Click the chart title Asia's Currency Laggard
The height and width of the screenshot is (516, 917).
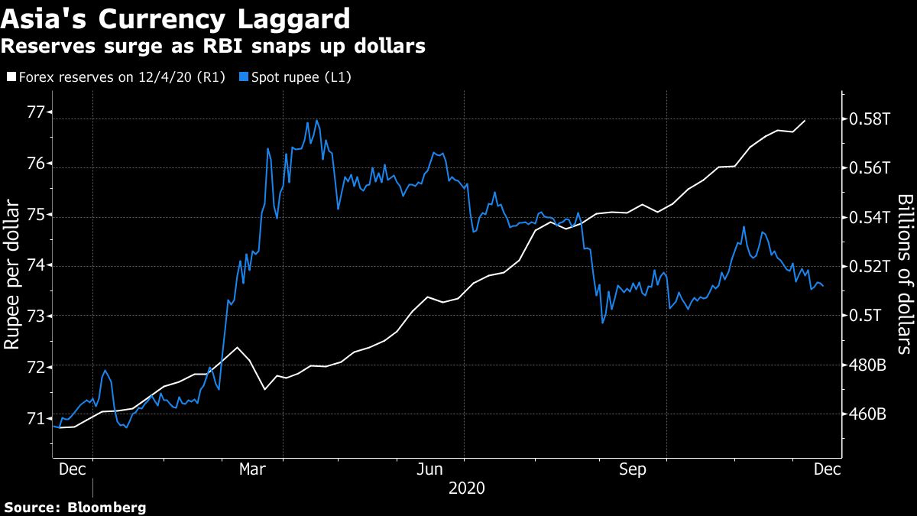176,18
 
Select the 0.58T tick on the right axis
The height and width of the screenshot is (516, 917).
868,119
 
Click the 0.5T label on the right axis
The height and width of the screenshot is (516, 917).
864,316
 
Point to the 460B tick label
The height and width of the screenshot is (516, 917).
867,414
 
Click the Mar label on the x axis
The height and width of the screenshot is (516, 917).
253,469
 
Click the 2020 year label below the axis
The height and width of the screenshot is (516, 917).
466,488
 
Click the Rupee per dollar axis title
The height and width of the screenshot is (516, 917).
13,274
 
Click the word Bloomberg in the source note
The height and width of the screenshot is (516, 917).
107,507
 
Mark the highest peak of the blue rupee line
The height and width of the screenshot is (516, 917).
316,120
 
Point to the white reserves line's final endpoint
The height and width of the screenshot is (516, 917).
805,120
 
